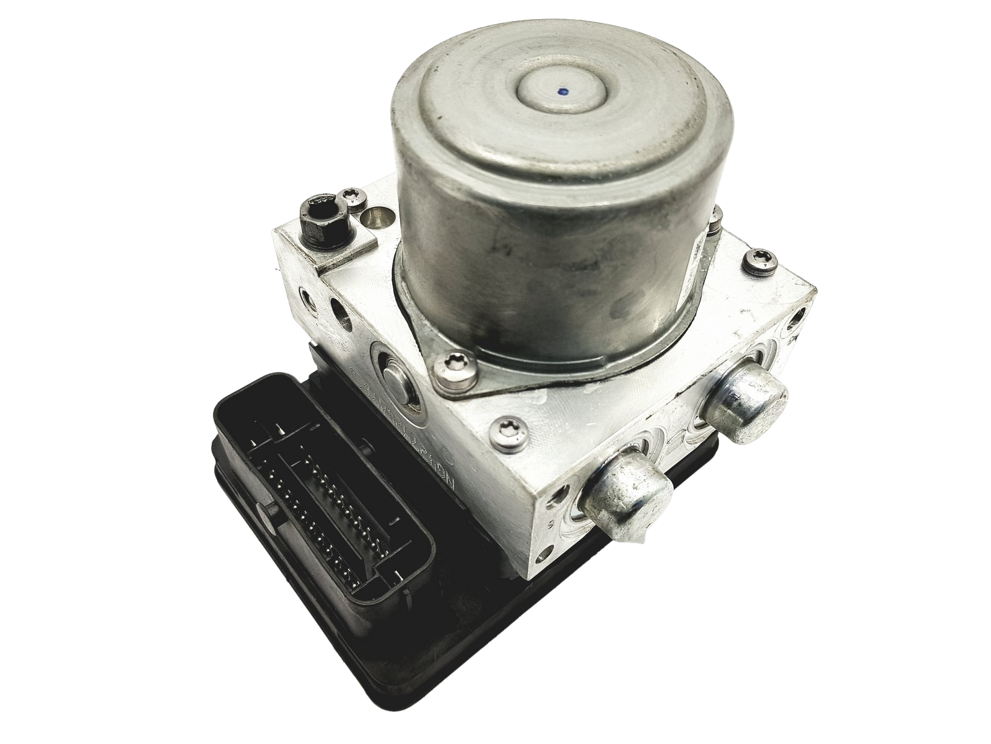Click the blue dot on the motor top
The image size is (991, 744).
click(562, 93)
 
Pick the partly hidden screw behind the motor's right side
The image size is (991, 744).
click(716, 216)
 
